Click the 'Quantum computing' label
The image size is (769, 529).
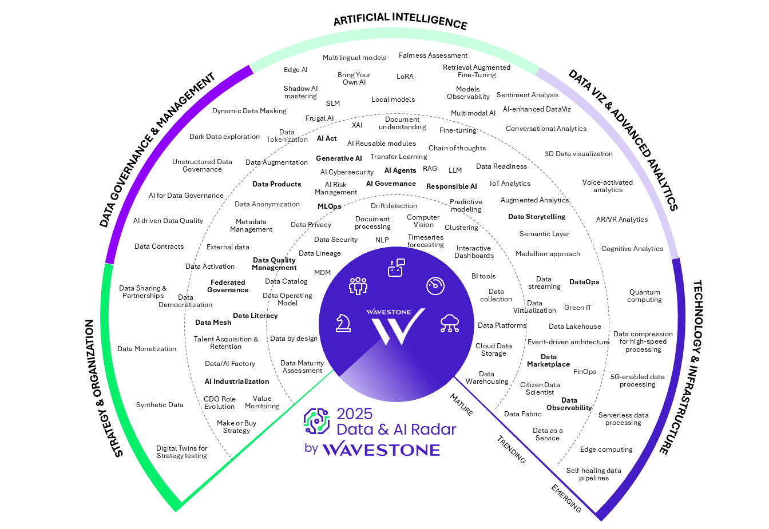[x=644, y=296]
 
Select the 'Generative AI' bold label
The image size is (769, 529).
[x=339, y=158]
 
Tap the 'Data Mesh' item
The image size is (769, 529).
[x=213, y=323]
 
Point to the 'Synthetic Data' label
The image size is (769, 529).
[x=160, y=405]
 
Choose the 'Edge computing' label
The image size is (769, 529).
[x=606, y=450]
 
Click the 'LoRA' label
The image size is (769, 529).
[x=405, y=77]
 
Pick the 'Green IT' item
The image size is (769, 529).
[x=577, y=308]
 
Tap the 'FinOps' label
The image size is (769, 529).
[x=584, y=372]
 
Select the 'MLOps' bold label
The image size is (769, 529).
[x=329, y=206]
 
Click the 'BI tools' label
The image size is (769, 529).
[x=483, y=276]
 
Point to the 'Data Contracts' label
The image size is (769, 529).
[x=159, y=246]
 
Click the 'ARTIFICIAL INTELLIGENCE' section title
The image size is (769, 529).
[x=400, y=21]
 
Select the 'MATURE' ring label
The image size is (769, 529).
[x=461, y=404]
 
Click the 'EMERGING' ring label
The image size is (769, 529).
[x=566, y=498]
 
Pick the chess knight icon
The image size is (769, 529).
[x=343, y=323]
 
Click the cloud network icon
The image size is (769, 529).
[x=450, y=323]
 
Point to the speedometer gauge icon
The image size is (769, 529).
[x=435, y=285]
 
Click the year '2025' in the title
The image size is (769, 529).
[x=354, y=413]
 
